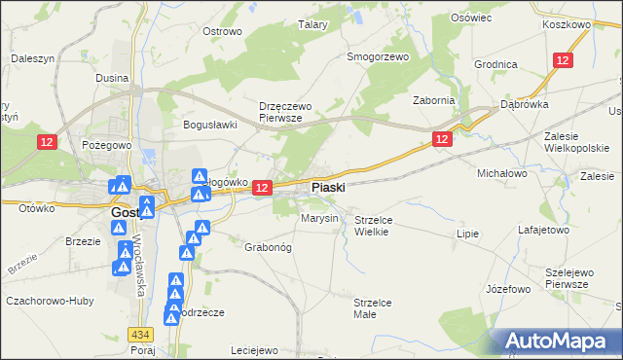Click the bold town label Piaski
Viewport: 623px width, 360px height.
pyautogui.click(x=327, y=187)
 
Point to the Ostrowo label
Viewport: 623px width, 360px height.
pyautogui.click(x=222, y=31)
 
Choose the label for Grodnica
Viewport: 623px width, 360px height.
pyautogui.click(x=495, y=64)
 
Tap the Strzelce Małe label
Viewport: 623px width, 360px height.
pyautogui.click(x=373, y=308)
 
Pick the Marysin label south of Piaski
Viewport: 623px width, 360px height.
pyautogui.click(x=319, y=218)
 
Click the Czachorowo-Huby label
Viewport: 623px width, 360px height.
pyautogui.click(x=49, y=301)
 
